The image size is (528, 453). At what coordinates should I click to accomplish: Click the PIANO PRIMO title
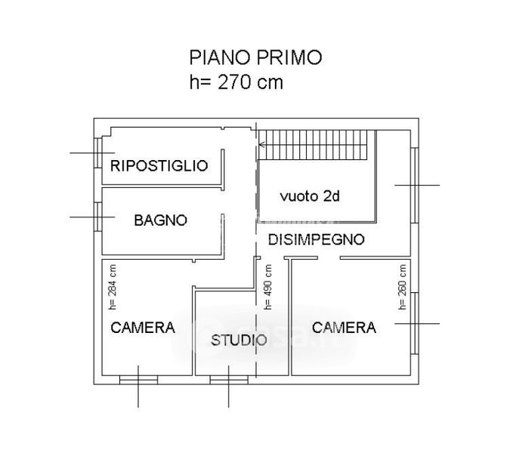pyautogui.click(x=255, y=57)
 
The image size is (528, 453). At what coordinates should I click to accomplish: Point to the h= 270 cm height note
pyautogui.click(x=236, y=82)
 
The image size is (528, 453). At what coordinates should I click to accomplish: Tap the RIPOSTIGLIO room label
pyautogui.click(x=159, y=166)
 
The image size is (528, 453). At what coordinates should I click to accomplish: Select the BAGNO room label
pyautogui.click(x=161, y=220)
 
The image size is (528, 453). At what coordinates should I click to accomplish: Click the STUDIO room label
pyautogui.click(x=239, y=340)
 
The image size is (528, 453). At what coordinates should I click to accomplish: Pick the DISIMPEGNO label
pyautogui.click(x=316, y=239)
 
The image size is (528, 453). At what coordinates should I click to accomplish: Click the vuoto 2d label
pyautogui.click(x=310, y=196)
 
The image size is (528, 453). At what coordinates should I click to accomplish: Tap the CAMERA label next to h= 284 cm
pyautogui.click(x=143, y=328)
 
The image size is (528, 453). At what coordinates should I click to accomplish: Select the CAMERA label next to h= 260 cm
pyautogui.click(x=344, y=328)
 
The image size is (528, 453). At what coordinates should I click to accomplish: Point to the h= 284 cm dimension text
pyautogui.click(x=113, y=287)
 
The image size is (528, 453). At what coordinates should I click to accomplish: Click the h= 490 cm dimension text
pyautogui.click(x=267, y=287)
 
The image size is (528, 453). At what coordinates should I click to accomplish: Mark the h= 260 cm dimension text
pyautogui.click(x=403, y=287)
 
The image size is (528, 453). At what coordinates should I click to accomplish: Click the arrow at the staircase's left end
pyautogui.click(x=262, y=145)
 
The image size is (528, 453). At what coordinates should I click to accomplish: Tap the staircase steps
pyautogui.click(x=313, y=145)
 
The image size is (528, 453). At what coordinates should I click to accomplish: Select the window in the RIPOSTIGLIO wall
pyautogui.click(x=98, y=153)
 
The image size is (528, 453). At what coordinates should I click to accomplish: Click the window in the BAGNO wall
pyautogui.click(x=98, y=217)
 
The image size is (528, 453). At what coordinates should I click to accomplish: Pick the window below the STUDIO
pyautogui.click(x=229, y=380)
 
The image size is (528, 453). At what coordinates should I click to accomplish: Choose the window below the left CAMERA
pyautogui.click(x=139, y=380)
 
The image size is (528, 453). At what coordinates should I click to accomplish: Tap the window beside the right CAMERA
pyautogui.click(x=415, y=323)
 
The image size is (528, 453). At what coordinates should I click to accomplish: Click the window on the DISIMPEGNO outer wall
pyautogui.click(x=415, y=185)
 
